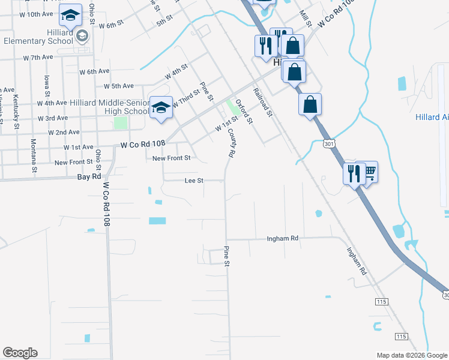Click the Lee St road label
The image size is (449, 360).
tap(194, 180)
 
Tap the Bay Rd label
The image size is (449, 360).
tap(89, 177)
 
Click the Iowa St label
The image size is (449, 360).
tap(46, 89)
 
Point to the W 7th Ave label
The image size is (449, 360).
tap(38, 57)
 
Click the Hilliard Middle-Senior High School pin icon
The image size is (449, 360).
tap(161, 108)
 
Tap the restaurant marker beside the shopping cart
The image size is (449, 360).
tap(353, 174)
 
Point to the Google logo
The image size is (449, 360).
tap(20, 353)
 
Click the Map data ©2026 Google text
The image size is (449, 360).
tap(412, 355)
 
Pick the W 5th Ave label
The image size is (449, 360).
tap(118, 86)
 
